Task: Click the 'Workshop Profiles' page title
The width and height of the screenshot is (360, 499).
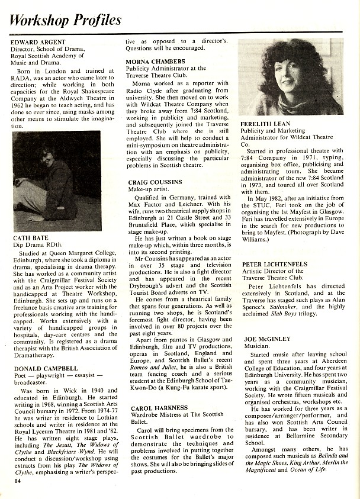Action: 66,20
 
